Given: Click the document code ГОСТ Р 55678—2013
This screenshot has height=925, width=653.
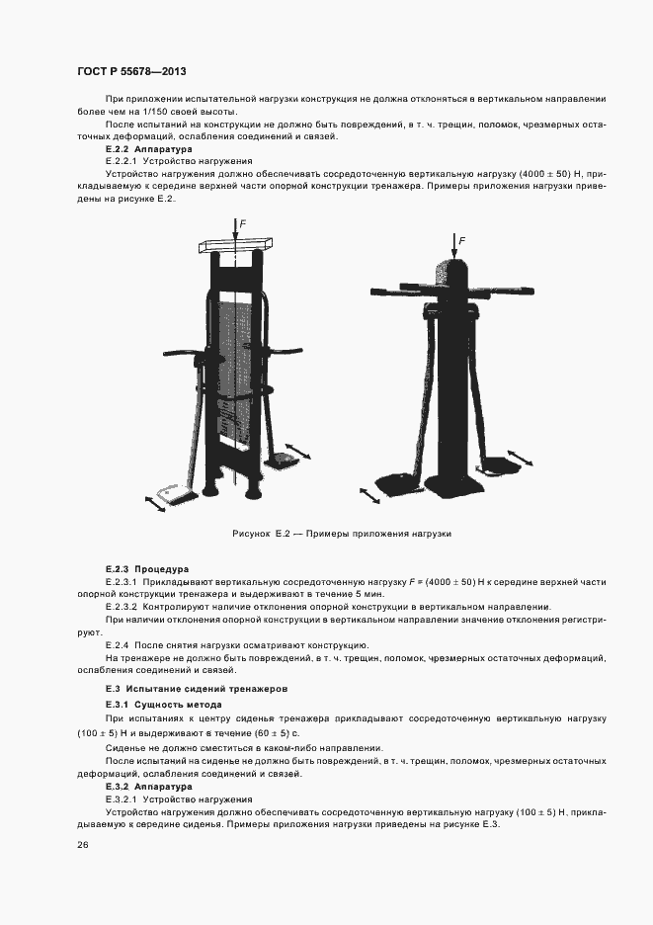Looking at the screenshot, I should pyautogui.click(x=130, y=72).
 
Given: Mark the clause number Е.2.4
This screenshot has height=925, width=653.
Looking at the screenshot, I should pyautogui.click(x=116, y=644).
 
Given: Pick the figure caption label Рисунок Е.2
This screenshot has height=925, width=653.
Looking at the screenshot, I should pyautogui.click(x=260, y=533).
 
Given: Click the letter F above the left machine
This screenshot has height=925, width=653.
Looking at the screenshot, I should pyautogui.click(x=242, y=224).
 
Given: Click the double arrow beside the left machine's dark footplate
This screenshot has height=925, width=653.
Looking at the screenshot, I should pyautogui.click(x=298, y=454).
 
